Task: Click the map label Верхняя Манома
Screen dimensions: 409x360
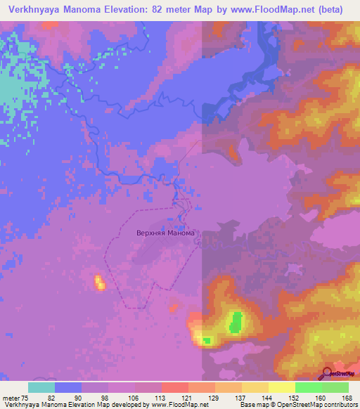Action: [165, 232]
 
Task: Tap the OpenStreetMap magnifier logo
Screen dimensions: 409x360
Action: [327, 372]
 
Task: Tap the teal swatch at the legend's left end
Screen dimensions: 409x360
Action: [41, 387]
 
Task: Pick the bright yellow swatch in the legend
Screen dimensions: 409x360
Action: [282, 387]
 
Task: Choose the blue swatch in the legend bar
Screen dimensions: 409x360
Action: [68, 387]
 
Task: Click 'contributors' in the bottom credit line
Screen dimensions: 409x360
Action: [339, 404]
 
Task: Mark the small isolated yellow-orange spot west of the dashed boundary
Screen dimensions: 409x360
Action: [99, 283]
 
